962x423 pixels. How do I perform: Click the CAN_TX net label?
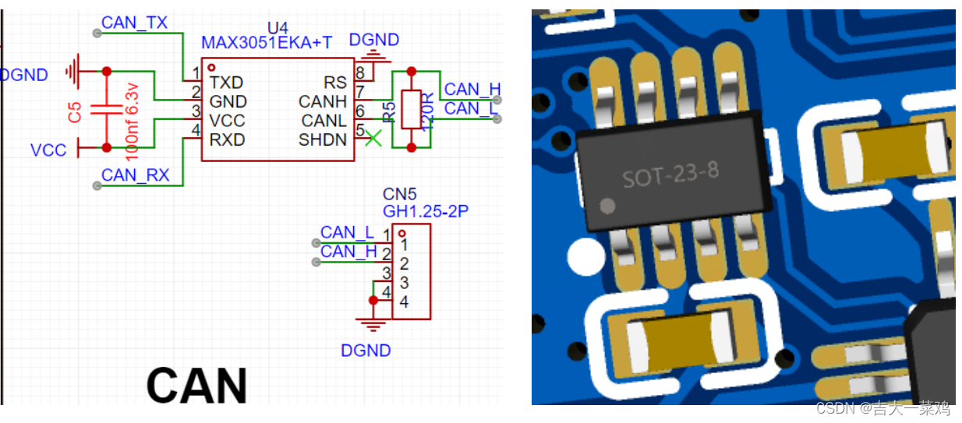[134, 23]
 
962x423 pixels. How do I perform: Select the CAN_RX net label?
[135, 175]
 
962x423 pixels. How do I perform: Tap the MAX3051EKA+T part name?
[267, 42]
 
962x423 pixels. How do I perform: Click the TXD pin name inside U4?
[227, 82]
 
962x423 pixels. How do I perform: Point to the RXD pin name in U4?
[227, 140]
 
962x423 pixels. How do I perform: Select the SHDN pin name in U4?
[322, 140]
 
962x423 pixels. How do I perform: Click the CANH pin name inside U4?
[322, 101]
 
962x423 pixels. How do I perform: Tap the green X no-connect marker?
[373, 139]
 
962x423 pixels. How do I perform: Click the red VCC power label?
[48, 150]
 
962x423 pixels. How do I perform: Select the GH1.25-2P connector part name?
[425, 211]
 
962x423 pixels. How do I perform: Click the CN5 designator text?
[401, 193]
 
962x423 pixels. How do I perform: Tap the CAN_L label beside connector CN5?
[347, 232]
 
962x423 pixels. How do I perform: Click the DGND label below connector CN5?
[366, 351]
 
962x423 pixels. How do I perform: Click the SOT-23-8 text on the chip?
[670, 175]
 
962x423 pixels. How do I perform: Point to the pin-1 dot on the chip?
[608, 206]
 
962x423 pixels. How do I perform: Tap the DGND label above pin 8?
[374, 40]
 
